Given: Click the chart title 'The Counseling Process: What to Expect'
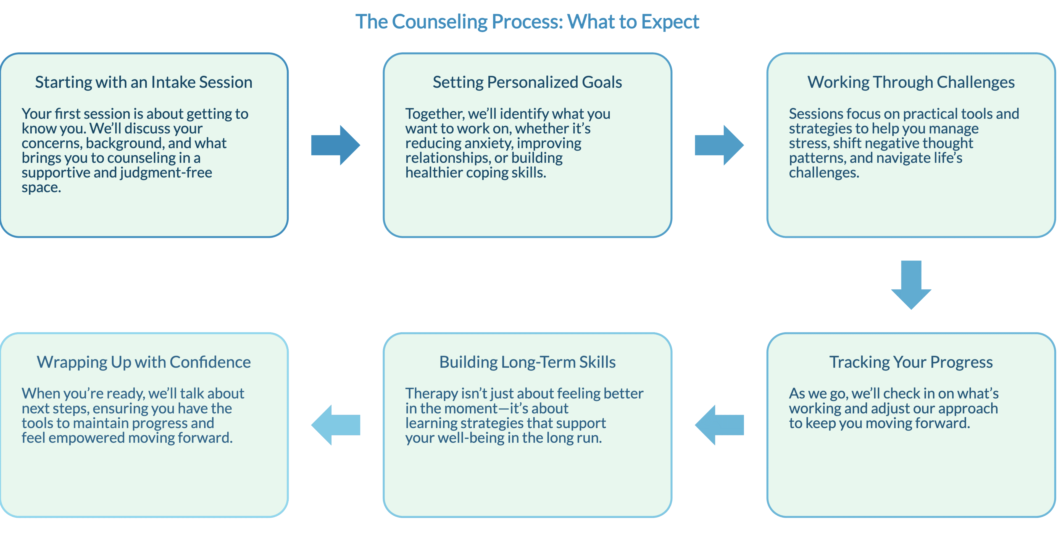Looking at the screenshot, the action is tap(527, 22).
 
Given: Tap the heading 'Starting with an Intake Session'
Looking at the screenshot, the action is tap(144, 82).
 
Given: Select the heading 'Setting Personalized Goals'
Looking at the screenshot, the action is tap(527, 82).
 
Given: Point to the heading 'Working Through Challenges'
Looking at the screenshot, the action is tap(911, 82).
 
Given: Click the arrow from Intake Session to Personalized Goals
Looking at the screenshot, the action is tap(336, 145).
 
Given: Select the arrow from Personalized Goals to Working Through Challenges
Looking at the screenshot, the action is tap(719, 145).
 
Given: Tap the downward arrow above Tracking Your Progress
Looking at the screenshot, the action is tap(911, 285).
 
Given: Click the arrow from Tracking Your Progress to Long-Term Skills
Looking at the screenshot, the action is tap(719, 425).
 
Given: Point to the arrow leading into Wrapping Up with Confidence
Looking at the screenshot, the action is tap(336, 425).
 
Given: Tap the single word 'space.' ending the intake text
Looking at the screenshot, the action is tap(41, 188).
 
